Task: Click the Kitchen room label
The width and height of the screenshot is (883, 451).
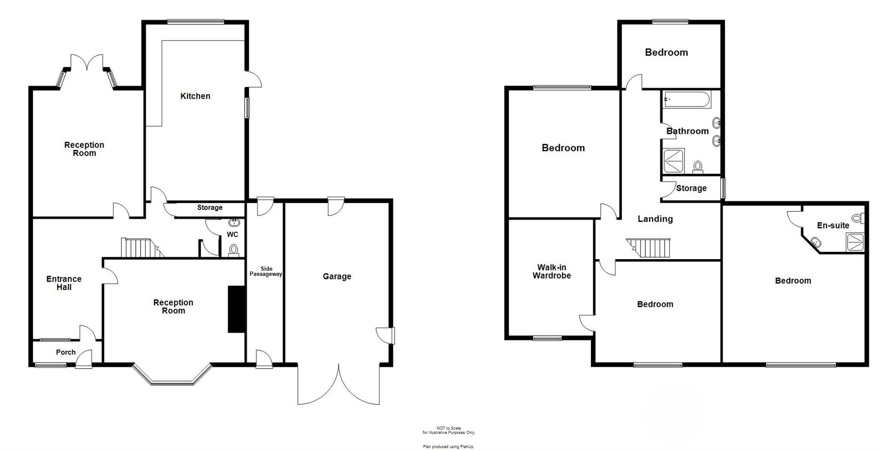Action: [x=195, y=96]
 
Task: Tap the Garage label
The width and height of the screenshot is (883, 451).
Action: [x=337, y=277]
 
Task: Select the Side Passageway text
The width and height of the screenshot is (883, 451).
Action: [x=266, y=272]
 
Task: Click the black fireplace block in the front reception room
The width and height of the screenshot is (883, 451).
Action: [x=236, y=309]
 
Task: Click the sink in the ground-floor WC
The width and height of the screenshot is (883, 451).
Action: [x=235, y=222]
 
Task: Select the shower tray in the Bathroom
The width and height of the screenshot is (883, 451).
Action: [x=674, y=161]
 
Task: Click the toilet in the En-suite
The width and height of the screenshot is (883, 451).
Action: [x=858, y=218]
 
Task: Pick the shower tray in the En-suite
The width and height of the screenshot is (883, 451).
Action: [x=855, y=242]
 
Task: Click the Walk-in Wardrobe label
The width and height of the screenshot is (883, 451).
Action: [x=551, y=272]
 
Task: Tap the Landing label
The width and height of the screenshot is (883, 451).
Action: [x=655, y=219]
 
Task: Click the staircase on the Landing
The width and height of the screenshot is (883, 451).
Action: [x=650, y=249]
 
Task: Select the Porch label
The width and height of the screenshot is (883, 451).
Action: [x=66, y=352]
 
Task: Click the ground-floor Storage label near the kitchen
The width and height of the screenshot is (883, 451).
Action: [x=210, y=208]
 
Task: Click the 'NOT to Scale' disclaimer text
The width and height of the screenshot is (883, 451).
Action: [x=448, y=430]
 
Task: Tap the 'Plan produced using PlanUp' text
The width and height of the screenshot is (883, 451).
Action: [x=448, y=446]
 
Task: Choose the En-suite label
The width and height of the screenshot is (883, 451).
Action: [x=833, y=225]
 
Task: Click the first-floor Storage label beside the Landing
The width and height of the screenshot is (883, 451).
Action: [x=691, y=188]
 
